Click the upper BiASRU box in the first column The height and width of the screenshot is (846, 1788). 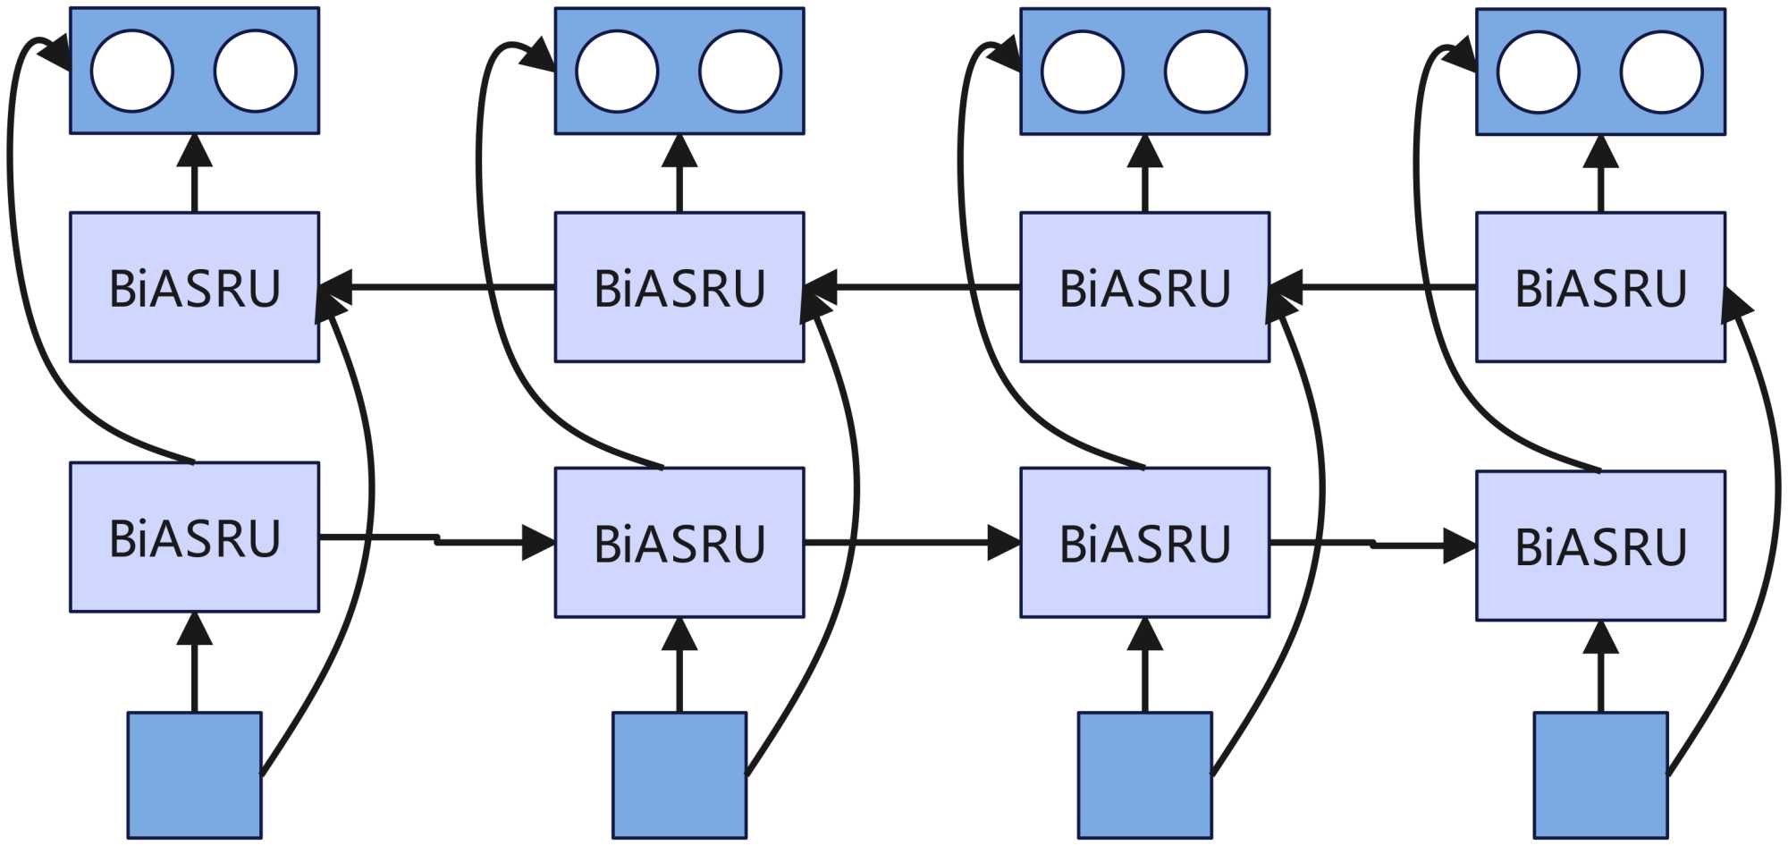tap(194, 287)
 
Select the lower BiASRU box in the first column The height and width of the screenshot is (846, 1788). tap(194, 537)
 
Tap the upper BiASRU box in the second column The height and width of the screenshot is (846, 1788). tap(679, 287)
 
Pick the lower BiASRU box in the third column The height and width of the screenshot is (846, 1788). tap(1144, 542)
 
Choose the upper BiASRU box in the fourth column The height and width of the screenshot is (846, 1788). tap(1600, 287)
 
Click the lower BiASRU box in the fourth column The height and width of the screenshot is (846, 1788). tap(1600, 546)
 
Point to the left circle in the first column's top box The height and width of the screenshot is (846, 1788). tap(132, 71)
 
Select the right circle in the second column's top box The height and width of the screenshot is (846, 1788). tap(740, 72)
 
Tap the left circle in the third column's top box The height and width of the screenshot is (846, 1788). tap(1083, 72)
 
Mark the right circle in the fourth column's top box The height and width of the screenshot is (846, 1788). tap(1661, 72)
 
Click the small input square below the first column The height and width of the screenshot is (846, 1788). tap(194, 774)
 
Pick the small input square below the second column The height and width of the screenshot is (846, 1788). tap(679, 774)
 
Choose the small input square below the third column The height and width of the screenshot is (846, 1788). tap(1144, 774)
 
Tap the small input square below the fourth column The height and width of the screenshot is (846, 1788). tap(1600, 774)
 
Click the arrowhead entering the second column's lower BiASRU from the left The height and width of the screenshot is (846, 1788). tap(538, 543)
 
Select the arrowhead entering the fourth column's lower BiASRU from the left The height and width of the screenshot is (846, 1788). tap(1459, 546)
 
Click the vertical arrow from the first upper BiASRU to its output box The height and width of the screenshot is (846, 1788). tap(194, 174)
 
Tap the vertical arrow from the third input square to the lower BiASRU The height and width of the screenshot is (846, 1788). tap(1144, 666)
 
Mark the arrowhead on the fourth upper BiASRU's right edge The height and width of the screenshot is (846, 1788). tap(1736, 302)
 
